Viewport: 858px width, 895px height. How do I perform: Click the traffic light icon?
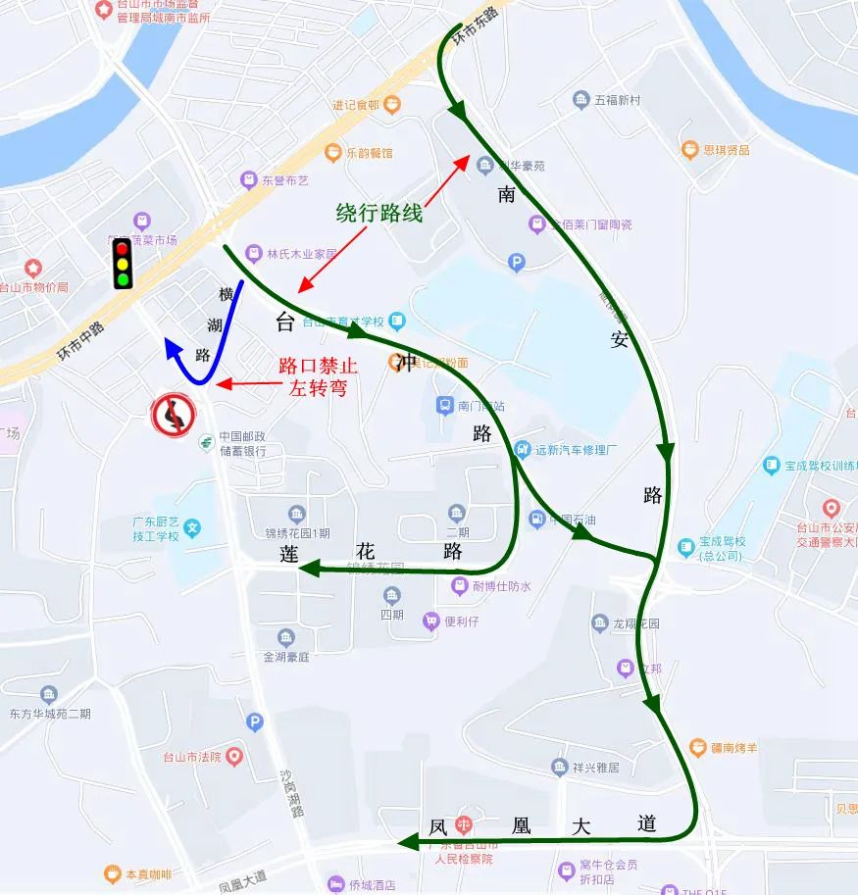tap(123, 264)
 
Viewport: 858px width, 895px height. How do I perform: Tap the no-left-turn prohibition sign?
tap(171, 415)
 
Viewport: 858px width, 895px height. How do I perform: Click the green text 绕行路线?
tap(379, 212)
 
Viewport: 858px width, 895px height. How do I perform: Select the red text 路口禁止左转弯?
tap(317, 376)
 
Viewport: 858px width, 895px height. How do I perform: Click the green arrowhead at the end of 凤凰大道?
tap(405, 842)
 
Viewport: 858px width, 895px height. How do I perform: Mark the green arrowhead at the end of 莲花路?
tap(306, 568)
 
